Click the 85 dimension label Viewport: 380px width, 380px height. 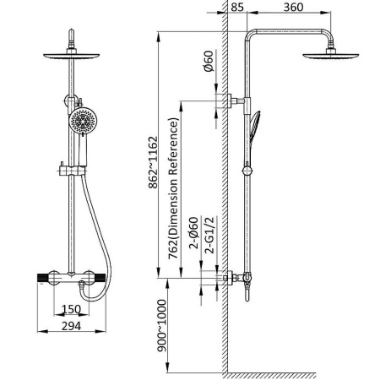pos(237,7)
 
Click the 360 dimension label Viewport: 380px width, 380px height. pos(293,7)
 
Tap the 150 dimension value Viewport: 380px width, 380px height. pos(72,309)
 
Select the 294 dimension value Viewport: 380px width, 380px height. pos(72,326)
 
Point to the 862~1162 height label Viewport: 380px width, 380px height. pos(153,162)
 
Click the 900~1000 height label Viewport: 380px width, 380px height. pos(161,325)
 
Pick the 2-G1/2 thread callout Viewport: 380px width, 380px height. pos(210,236)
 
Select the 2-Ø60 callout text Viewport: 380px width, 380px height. pos(194,233)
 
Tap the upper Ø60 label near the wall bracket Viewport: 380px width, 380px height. pos(209,61)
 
